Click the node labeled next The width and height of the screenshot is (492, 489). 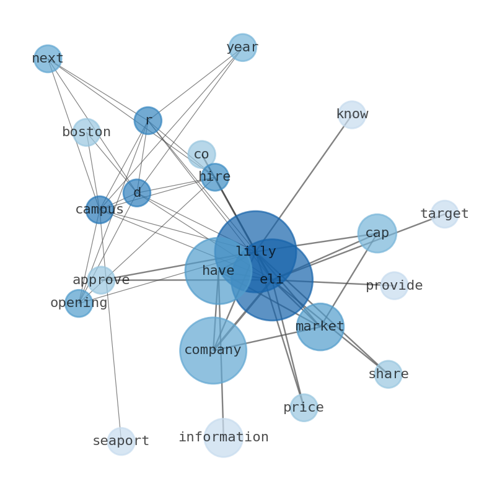[48, 59]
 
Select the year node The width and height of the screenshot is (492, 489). [242, 47]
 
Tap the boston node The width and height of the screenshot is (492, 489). [87, 132]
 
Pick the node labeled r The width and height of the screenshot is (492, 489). [148, 121]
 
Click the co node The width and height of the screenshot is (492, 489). [202, 155]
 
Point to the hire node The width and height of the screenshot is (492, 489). [215, 177]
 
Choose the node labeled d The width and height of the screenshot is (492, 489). [137, 193]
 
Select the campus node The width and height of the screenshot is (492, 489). [100, 210]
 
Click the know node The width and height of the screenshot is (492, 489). [352, 115]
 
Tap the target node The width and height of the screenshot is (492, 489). [445, 214]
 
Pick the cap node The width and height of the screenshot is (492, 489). [377, 233]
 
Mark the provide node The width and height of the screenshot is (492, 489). [395, 285]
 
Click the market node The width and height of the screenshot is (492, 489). [320, 327]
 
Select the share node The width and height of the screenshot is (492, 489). [388, 374]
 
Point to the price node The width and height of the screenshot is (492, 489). [304, 407]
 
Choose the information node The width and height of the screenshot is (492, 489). [224, 438]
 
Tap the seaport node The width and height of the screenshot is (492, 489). [121, 441]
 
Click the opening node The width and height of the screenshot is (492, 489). [79, 303]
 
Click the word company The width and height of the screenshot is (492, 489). [213, 350]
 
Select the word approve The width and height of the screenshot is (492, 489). [101, 280]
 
